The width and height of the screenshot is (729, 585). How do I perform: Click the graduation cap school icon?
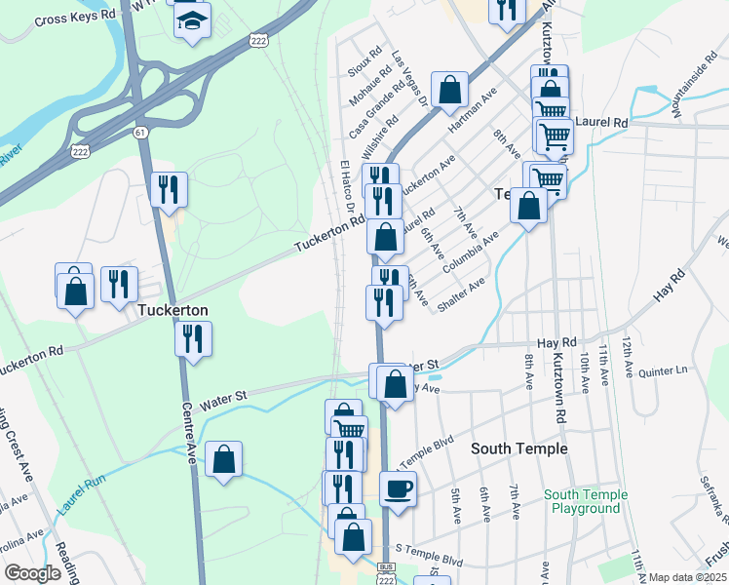point(192,19)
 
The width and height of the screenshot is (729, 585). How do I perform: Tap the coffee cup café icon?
point(397,487)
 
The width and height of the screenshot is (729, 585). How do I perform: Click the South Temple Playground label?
point(586,501)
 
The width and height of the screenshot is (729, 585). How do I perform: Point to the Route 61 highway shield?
point(142,133)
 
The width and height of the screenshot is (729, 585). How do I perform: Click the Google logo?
point(32,573)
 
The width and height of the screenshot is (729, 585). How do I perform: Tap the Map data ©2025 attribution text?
point(688,577)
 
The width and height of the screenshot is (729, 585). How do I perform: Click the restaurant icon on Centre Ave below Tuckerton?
point(193,338)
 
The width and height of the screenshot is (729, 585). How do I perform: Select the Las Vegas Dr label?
point(409,79)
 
